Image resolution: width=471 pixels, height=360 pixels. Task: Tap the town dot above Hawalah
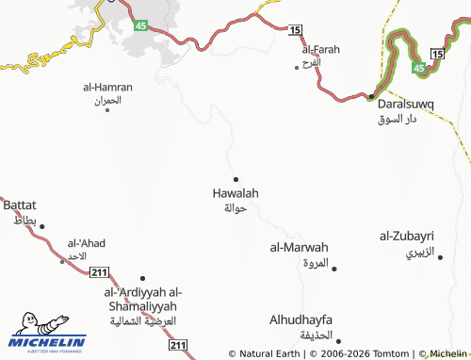(235, 179)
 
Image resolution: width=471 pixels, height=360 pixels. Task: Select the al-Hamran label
(107, 87)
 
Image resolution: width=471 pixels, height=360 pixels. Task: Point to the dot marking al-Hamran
(107, 110)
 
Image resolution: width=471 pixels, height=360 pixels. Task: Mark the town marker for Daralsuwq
(371, 96)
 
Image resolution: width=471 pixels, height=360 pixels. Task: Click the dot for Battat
(41, 226)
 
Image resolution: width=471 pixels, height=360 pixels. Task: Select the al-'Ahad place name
(86, 243)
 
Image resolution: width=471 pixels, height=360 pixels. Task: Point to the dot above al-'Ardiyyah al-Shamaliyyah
(142, 278)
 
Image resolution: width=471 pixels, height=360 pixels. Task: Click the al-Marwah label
(299, 248)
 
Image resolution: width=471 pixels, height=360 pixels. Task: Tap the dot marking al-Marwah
(334, 269)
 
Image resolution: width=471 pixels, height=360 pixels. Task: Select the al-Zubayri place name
(406, 236)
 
